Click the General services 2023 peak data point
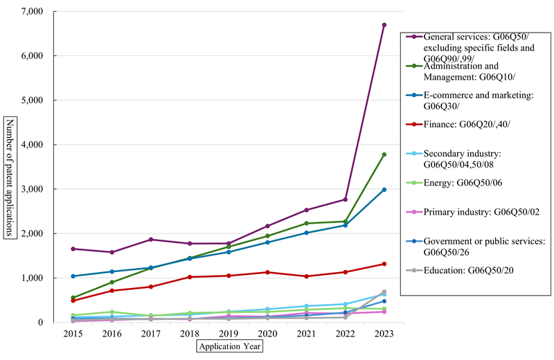point(384,25)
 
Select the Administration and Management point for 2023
point(384,154)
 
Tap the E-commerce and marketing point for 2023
point(384,190)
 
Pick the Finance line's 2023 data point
point(384,264)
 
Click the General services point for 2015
point(73,249)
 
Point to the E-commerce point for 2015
point(73,276)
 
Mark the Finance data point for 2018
point(190,277)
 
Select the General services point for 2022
point(345,199)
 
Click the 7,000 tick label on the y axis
point(33,12)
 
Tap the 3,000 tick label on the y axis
point(33,189)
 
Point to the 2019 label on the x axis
point(229,333)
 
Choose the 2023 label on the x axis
point(384,333)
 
